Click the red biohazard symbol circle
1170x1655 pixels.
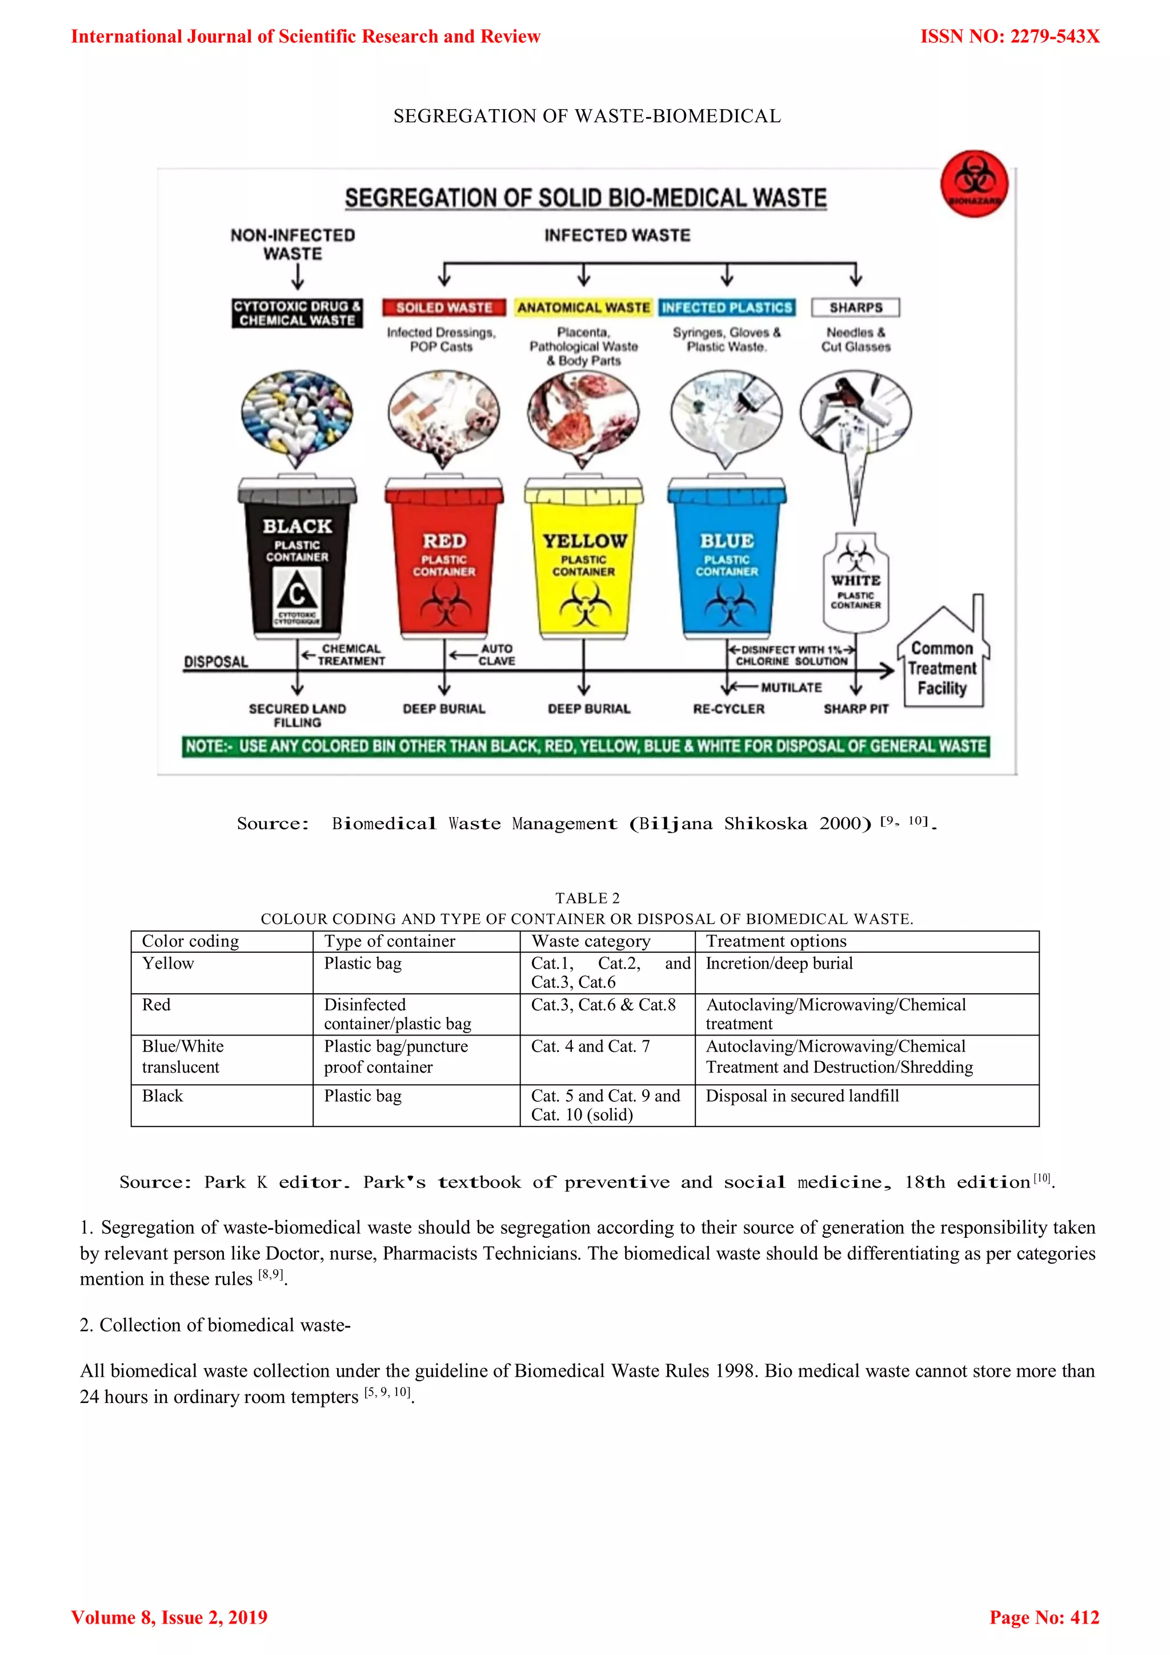[x=974, y=184]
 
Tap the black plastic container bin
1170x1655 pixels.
[x=297, y=559]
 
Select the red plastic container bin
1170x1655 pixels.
[x=444, y=559]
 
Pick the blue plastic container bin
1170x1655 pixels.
[x=726, y=559]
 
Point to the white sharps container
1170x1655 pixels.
[x=856, y=582]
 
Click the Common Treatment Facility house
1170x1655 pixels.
[x=942, y=659]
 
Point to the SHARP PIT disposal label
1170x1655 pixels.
[x=856, y=709]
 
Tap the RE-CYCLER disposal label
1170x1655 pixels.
[x=728, y=709]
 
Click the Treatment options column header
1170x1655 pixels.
[x=776, y=941]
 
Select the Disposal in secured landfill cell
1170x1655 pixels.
[x=802, y=1096]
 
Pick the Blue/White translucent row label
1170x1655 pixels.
[x=183, y=1057]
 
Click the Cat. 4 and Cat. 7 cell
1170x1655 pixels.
[x=590, y=1046]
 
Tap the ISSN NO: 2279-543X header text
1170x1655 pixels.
[x=1009, y=37]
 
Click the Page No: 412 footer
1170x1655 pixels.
[x=1044, y=1617]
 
